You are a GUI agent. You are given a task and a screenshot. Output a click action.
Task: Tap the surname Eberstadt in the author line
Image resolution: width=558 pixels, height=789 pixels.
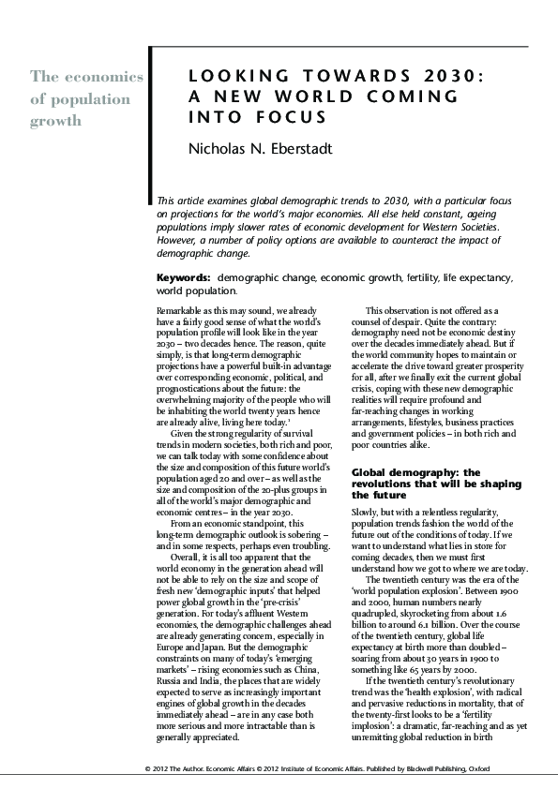tap(281, 147)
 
